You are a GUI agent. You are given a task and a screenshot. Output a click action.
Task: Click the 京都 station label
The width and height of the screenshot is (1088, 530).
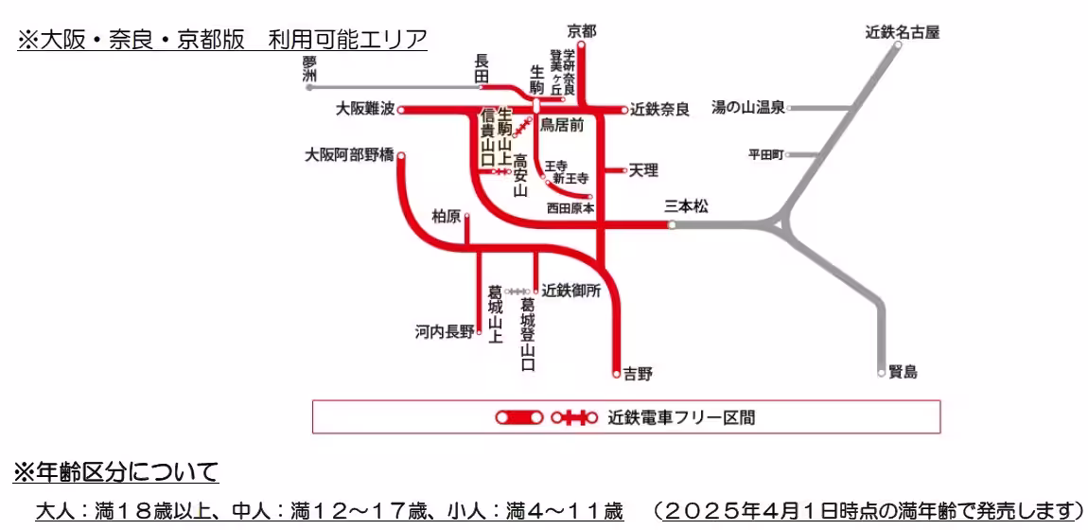(582, 30)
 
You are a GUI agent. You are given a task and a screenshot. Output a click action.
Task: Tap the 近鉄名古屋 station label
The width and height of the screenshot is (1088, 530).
(902, 32)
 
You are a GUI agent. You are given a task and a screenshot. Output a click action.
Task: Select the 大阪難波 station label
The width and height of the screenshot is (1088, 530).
(365, 110)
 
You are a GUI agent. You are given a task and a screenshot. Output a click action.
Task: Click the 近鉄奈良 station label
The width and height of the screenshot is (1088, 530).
(659, 110)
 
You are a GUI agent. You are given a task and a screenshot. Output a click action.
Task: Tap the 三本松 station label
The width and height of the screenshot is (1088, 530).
(686, 205)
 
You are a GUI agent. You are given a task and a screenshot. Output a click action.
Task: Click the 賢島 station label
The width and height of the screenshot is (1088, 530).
(904, 372)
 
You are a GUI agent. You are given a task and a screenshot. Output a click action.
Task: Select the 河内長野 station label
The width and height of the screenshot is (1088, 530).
(444, 332)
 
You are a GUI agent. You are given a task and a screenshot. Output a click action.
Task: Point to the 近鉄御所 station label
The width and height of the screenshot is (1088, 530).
(571, 291)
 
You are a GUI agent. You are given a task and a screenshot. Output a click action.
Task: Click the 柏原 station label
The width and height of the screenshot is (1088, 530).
(446, 217)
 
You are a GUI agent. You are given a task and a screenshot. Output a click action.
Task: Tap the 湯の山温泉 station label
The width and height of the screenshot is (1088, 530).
(747, 108)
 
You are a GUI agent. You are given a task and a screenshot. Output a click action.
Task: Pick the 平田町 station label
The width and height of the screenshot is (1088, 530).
(765, 154)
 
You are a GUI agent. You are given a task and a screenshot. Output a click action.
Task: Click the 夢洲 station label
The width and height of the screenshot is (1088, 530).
(309, 68)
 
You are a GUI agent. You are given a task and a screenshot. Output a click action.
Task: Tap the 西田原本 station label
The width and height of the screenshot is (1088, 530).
(570, 208)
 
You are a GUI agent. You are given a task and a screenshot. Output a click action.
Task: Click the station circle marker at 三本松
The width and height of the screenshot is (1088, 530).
(672, 225)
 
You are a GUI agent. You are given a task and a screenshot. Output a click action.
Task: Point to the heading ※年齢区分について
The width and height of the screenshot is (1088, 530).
(114, 470)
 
